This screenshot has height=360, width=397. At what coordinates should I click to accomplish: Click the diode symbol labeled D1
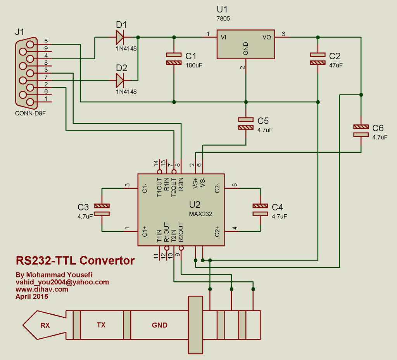pos(120,37)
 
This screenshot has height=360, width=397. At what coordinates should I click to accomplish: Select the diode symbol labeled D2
pos(120,81)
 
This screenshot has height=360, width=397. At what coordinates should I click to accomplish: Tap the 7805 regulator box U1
pos(245,44)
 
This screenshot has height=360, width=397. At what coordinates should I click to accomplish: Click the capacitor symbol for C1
pos(174,59)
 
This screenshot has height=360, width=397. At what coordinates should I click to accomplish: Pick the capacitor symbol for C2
pos(318,59)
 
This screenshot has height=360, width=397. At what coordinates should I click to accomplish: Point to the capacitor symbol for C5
pos(245,123)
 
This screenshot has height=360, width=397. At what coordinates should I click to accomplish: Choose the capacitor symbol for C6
pos(361,131)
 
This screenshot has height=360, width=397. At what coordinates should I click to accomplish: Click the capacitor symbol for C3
pos(102,210)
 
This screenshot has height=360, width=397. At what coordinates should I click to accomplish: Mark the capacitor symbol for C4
pos(260,210)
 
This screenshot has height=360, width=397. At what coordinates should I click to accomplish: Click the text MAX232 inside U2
pos(200,214)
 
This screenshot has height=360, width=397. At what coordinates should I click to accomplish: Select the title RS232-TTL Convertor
pos(75,260)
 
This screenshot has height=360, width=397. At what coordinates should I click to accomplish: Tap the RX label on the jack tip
pos(45,326)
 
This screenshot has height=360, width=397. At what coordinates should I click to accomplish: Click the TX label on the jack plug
pos(101,326)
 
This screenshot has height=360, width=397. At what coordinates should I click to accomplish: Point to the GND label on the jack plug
pos(159,326)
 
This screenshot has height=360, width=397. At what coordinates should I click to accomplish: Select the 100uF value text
pos(194,65)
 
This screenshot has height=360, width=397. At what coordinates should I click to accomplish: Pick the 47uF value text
pos(336,65)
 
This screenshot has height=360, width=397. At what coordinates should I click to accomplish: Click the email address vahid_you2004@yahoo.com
pos(62,282)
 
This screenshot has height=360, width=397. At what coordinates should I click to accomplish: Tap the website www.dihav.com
pos(42,289)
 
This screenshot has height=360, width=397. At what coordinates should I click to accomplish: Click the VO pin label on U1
pos(267,37)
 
